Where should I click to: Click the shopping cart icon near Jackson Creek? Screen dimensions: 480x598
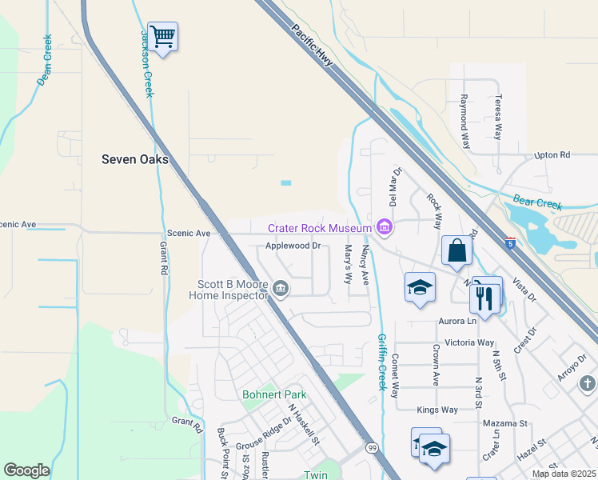point(162,37)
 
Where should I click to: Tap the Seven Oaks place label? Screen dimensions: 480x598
point(135,159)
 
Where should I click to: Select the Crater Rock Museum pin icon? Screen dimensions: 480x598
point(385,228)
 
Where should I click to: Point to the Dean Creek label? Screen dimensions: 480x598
point(45,60)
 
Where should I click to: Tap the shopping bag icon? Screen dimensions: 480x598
point(456,250)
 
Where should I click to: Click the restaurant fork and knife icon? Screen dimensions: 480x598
point(485,297)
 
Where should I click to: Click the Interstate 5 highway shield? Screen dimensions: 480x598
point(510,242)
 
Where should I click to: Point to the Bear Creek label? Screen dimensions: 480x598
point(539,204)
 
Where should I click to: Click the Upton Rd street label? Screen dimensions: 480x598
point(552,154)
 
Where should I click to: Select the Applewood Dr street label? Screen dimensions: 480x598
point(293,246)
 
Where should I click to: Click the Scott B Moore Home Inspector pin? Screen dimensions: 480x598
point(281,288)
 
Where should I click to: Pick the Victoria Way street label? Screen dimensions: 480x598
point(469,342)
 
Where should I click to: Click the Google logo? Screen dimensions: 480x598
point(26,470)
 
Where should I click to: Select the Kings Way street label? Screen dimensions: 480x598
point(437,410)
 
